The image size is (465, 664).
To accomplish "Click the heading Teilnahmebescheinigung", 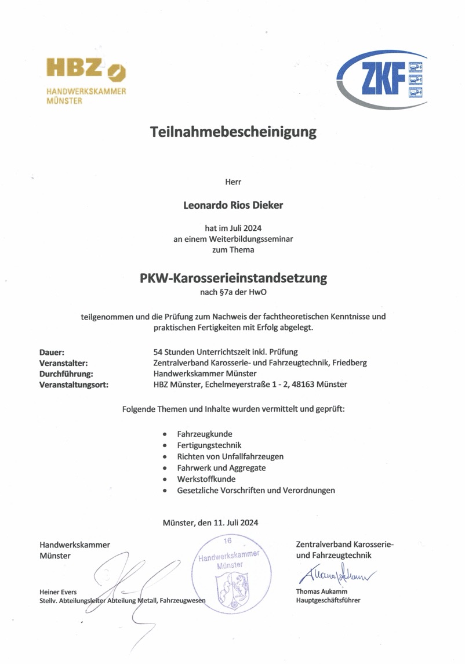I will click(234, 132).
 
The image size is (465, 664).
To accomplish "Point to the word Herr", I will click(233, 182).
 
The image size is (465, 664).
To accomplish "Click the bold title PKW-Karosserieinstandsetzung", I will click(234, 278).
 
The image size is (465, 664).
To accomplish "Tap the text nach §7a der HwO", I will click(234, 293).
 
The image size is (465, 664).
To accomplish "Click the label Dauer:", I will click(52, 352).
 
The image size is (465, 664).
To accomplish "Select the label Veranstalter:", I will click(63, 363).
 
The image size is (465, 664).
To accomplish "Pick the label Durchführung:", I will click(66, 374).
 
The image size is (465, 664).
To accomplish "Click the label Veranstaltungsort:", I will click(74, 385).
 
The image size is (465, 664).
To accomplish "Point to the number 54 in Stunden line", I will click(150, 352).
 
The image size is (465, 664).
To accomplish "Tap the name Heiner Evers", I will click(58, 592).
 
